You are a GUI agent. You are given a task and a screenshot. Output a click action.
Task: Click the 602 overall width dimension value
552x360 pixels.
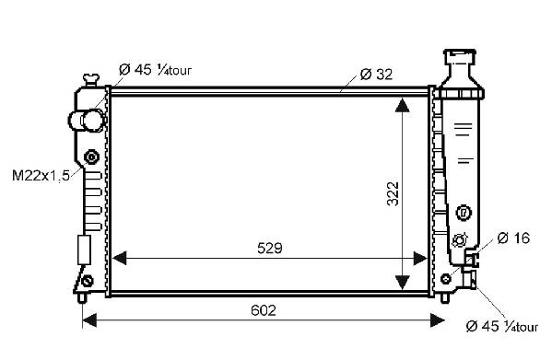(x=263, y=310)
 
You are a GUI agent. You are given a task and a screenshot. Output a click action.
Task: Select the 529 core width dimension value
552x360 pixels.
(x=270, y=249)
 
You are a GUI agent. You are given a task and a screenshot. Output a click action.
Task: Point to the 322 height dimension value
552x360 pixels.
(x=393, y=193)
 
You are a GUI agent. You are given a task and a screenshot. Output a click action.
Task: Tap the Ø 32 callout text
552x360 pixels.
(x=376, y=75)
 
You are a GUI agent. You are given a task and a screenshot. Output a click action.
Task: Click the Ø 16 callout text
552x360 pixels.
(x=513, y=238)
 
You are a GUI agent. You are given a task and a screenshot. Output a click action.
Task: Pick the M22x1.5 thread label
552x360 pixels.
(x=41, y=175)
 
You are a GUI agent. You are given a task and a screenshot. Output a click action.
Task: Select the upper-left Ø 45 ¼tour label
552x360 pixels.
(x=155, y=70)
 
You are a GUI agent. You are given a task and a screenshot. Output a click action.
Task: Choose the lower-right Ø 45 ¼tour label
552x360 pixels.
(x=502, y=326)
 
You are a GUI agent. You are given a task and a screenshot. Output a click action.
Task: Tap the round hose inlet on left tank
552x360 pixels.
(x=88, y=121)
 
